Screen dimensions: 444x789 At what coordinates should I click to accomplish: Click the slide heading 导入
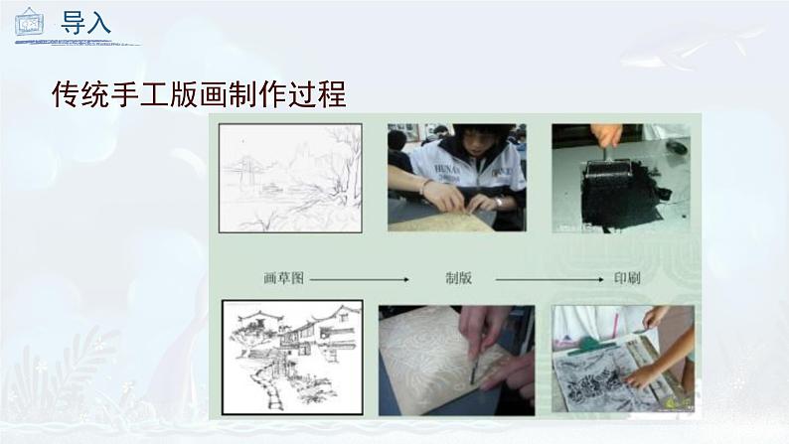(x=85, y=23)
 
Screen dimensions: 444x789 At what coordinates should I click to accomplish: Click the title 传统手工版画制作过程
(x=199, y=95)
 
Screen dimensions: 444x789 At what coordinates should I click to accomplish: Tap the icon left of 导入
(x=28, y=22)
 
